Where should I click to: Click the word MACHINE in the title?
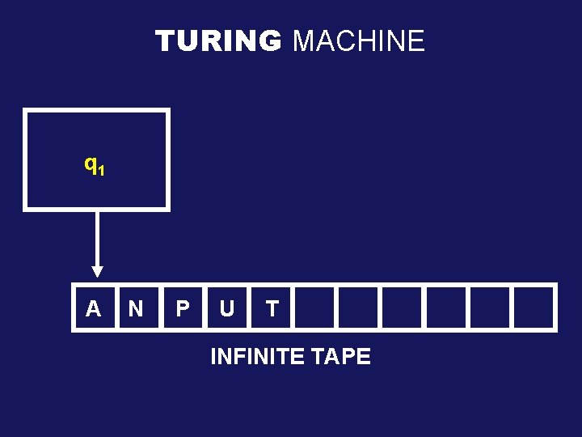[x=358, y=40]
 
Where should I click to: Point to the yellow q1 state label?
[x=94, y=166]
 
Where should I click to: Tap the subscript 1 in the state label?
[x=99, y=171]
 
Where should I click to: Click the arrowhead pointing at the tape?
[x=97, y=271]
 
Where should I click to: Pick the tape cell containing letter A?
[x=94, y=308]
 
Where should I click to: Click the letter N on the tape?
[x=136, y=308]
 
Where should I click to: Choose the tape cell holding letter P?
[x=183, y=308]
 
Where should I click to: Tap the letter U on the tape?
[x=227, y=308]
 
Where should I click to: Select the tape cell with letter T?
[x=272, y=308]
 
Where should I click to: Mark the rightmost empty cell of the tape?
[x=533, y=308]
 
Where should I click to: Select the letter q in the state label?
[x=90, y=164]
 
